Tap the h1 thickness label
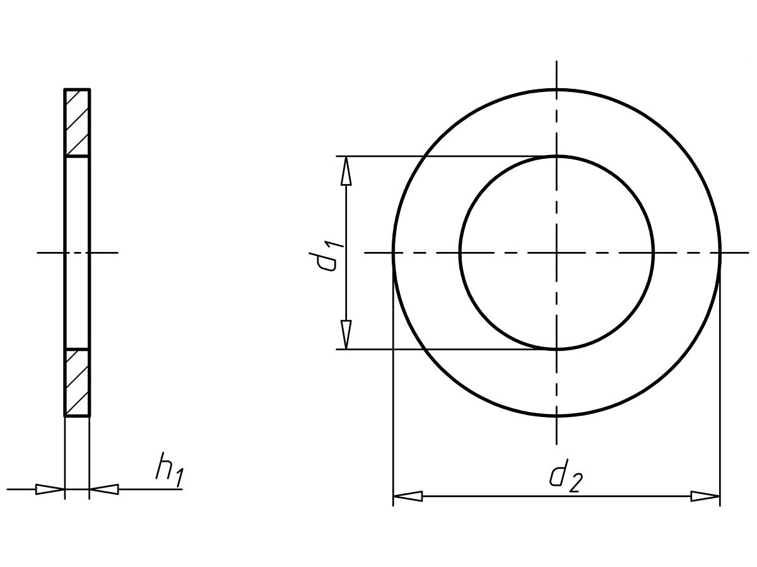pyautogui.click(x=170, y=470)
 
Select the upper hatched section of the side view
pyautogui.click(x=77, y=123)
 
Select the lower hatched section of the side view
pyautogui.click(x=77, y=383)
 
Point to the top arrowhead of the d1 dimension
pyautogui.click(x=346, y=171)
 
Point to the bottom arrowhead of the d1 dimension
pyautogui.click(x=346, y=335)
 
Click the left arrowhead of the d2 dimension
pyautogui.click(x=408, y=496)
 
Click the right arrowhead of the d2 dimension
pyautogui.click(x=705, y=496)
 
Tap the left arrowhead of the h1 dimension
pyautogui.click(x=50, y=490)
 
